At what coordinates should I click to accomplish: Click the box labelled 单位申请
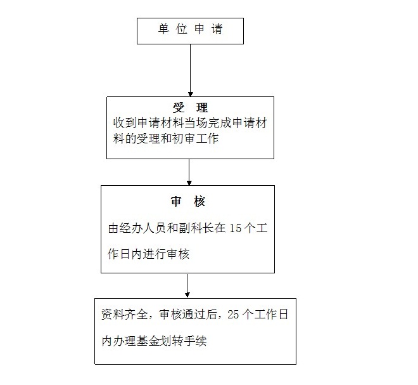click(190, 31)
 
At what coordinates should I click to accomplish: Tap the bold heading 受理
click(190, 108)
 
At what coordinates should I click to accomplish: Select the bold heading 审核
click(188, 202)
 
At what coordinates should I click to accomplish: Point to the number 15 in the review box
click(236, 228)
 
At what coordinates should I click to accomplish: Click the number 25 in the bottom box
click(233, 315)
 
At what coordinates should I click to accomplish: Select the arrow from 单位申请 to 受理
click(191, 70)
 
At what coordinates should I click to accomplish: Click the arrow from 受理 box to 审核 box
click(189, 173)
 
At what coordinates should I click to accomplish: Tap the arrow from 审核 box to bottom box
click(187, 285)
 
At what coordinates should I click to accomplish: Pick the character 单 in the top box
click(163, 29)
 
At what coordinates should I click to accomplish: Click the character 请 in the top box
click(217, 29)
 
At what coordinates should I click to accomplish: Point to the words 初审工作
click(196, 139)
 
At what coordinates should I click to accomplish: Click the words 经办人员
click(143, 228)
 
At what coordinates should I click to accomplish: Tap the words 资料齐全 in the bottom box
click(125, 315)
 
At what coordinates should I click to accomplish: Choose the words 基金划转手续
click(172, 341)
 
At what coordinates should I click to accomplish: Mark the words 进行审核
click(166, 254)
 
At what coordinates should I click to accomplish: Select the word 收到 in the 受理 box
click(125, 123)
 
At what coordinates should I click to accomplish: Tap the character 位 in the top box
click(182, 29)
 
